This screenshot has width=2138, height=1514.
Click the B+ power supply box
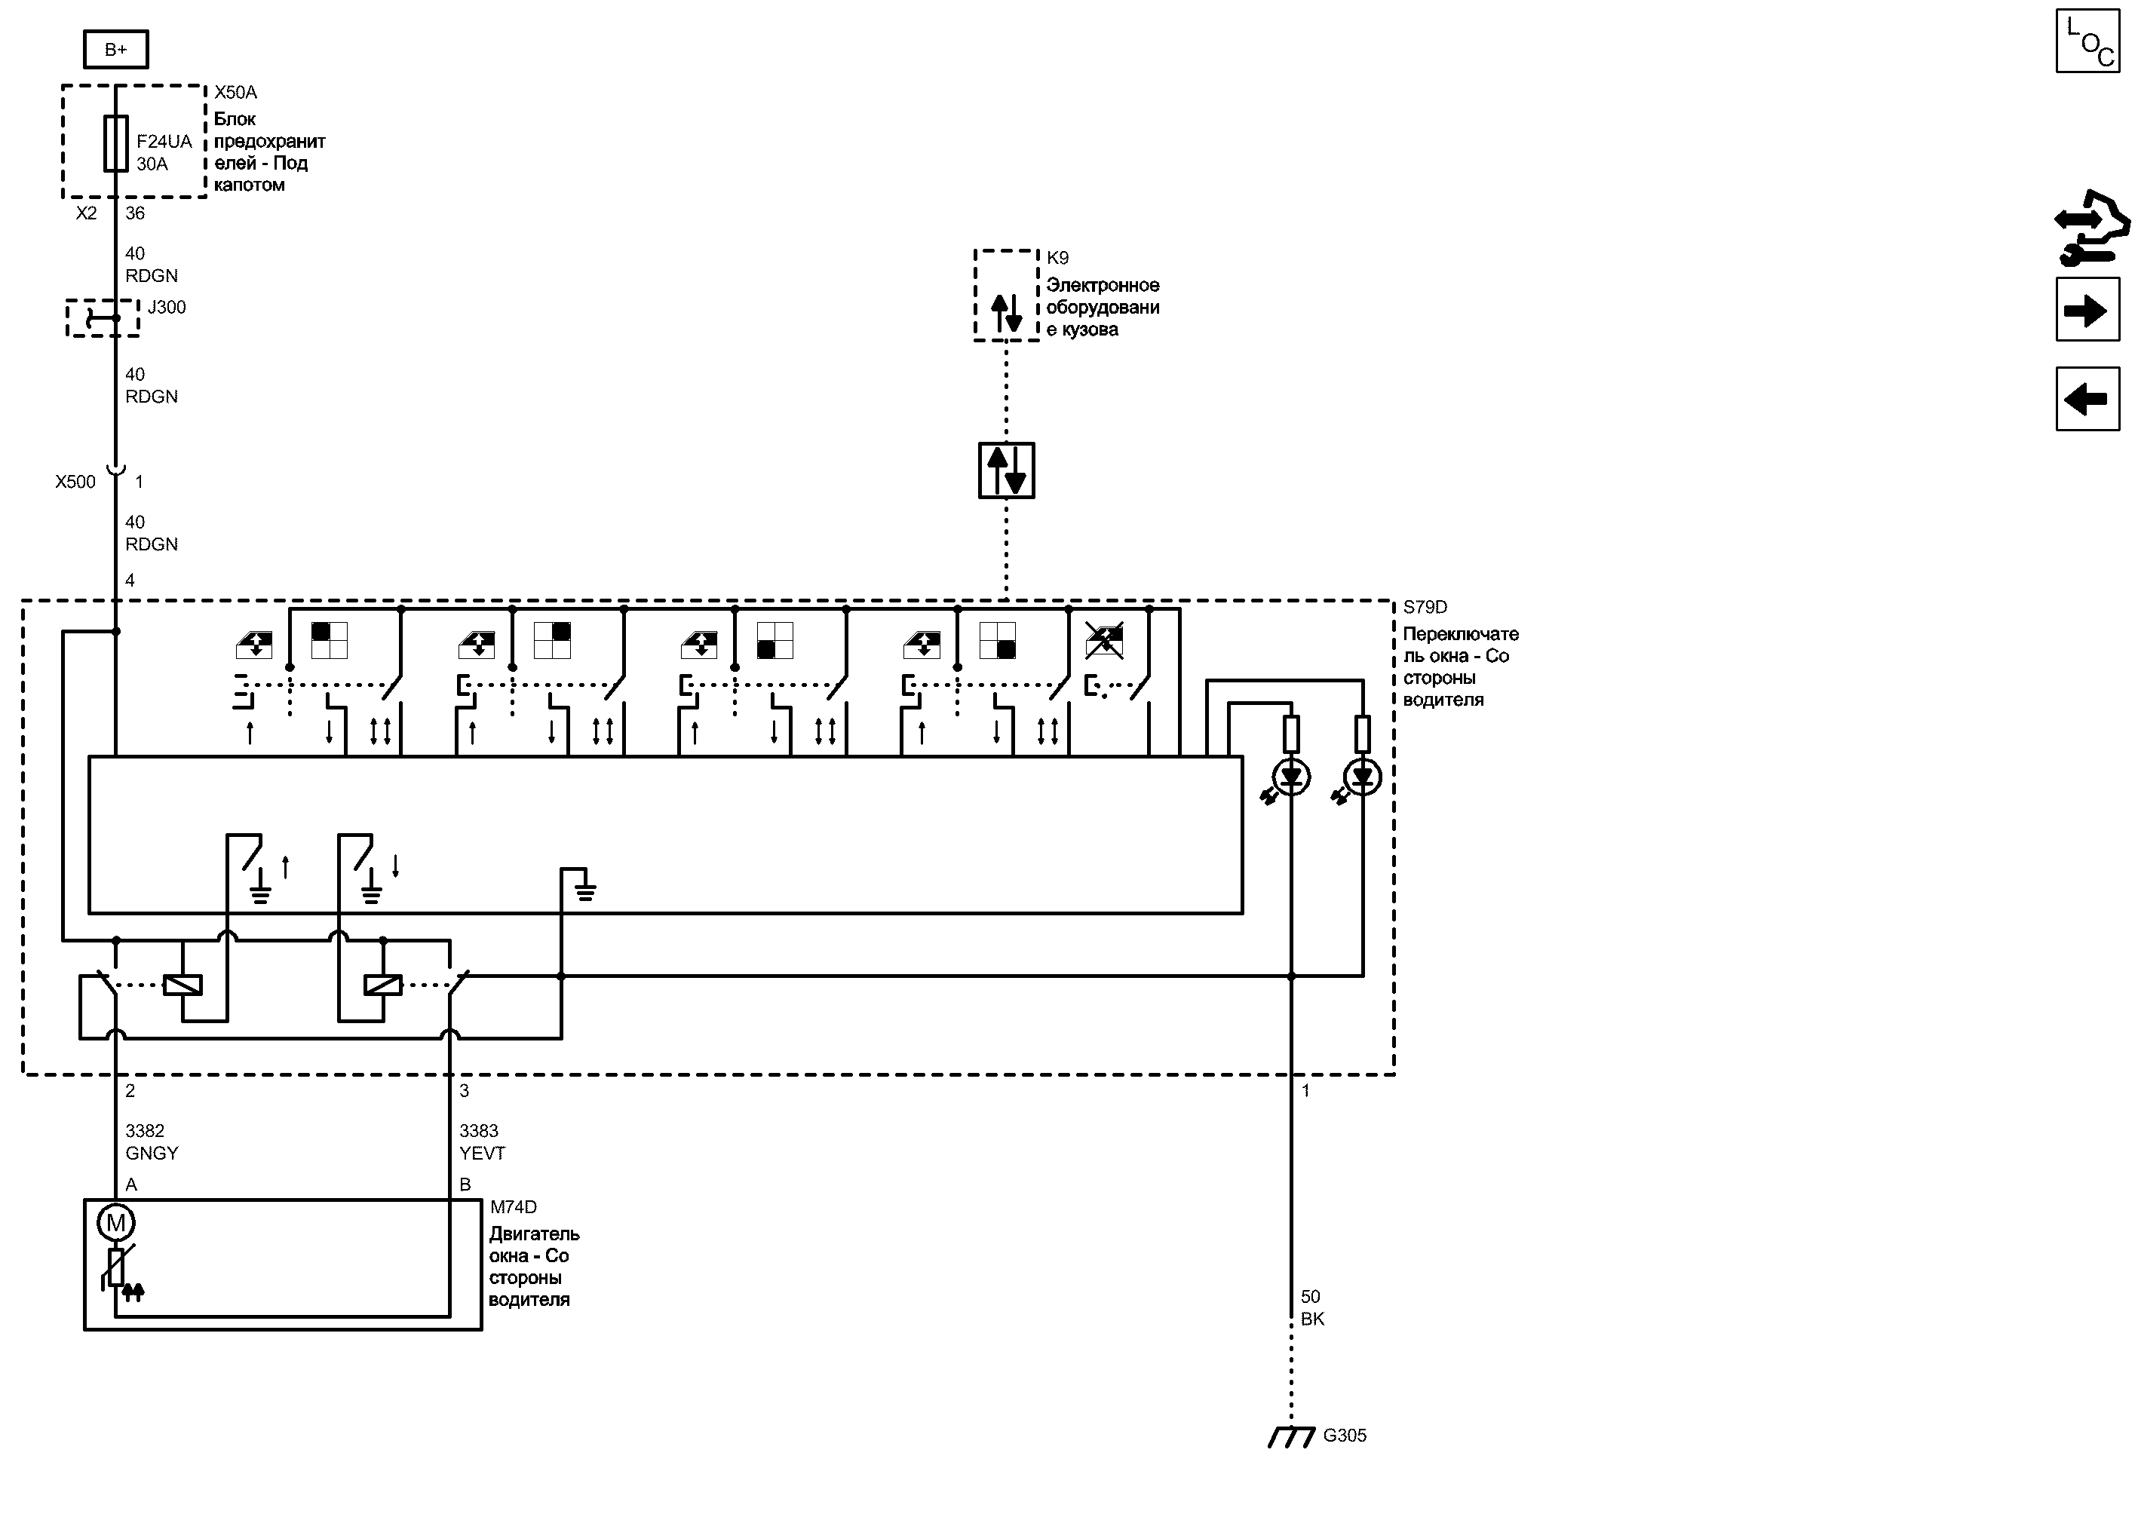tap(115, 50)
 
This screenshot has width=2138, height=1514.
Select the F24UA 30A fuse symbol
tap(115, 143)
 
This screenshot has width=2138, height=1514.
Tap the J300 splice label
tap(167, 308)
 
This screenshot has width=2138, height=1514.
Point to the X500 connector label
tap(75, 482)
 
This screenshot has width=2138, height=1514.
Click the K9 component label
tap(1057, 258)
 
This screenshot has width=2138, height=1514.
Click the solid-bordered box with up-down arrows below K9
tap(1006, 470)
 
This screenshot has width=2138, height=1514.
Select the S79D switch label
tap(1425, 608)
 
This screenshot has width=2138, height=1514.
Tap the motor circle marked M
tap(115, 1222)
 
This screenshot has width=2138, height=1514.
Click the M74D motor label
tap(514, 1207)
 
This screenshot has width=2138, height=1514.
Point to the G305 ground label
tap(1345, 1436)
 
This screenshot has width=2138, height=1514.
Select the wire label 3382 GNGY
tap(151, 1142)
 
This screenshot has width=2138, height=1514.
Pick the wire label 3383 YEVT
tap(481, 1142)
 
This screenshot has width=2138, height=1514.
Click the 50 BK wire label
tap(1312, 1308)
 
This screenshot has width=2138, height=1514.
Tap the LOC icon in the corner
tap(2087, 41)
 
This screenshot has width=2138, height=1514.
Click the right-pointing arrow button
tap(2087, 311)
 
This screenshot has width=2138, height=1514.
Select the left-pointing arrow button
tap(2087, 399)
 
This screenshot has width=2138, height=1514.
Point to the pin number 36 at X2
tap(135, 213)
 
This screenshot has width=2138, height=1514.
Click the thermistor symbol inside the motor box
tap(117, 1268)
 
